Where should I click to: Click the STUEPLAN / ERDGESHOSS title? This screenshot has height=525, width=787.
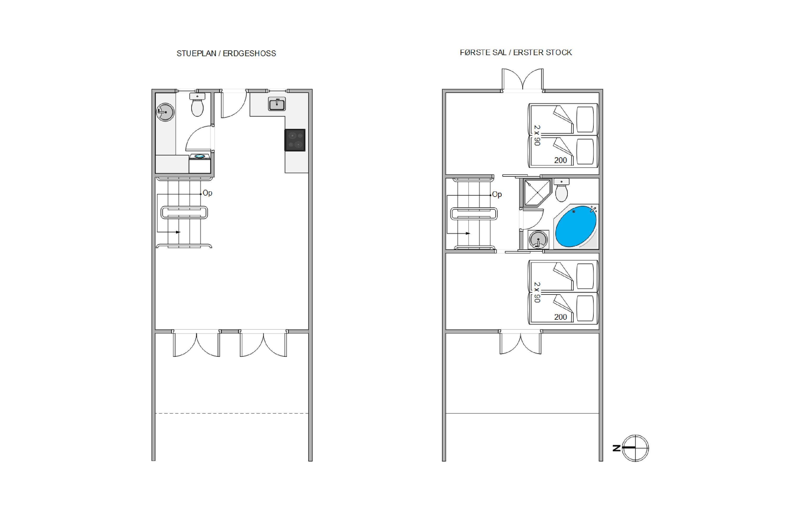point(226,54)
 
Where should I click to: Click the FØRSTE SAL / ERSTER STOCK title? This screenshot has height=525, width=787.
point(516,52)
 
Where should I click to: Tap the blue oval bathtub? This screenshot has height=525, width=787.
point(576,226)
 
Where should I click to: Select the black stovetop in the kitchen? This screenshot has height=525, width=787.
point(295,140)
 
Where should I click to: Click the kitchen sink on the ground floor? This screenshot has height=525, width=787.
point(277,104)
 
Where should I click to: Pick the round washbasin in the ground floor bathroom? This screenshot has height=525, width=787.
point(165,112)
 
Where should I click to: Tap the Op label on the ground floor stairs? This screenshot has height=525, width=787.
point(208,193)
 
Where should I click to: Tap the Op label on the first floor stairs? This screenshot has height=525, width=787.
point(497,194)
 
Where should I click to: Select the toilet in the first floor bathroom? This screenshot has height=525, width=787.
point(561,190)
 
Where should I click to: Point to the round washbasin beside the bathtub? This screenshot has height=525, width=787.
point(538,240)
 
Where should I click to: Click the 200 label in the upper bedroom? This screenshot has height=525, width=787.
point(560,160)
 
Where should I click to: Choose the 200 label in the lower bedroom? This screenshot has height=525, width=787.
point(560,317)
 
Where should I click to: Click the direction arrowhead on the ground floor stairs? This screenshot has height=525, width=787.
point(178,232)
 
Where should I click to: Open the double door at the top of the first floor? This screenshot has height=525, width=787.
point(522,80)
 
